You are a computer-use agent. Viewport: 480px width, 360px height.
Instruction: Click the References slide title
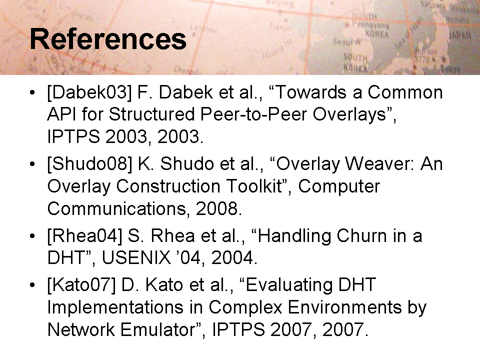click(108, 39)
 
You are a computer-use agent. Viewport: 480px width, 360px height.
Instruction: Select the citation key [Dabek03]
click(89, 92)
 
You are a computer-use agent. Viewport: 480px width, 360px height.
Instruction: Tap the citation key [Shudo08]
click(89, 164)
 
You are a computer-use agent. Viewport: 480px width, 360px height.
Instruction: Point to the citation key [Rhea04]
click(84, 236)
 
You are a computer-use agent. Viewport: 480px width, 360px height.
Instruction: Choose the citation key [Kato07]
click(81, 285)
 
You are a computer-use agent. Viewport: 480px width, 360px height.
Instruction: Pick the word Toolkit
click(258, 186)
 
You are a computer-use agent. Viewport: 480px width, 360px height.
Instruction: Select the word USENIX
click(136, 258)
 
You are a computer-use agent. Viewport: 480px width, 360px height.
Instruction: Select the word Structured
click(152, 114)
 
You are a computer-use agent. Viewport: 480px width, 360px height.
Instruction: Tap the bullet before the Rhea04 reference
click(32, 236)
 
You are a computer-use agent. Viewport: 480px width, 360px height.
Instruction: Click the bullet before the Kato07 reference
click(32, 285)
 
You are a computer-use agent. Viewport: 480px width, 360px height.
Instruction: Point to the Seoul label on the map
click(343, 41)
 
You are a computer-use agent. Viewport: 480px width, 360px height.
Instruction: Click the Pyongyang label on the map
click(370, 24)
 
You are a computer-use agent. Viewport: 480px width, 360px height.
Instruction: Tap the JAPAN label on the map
click(460, 35)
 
